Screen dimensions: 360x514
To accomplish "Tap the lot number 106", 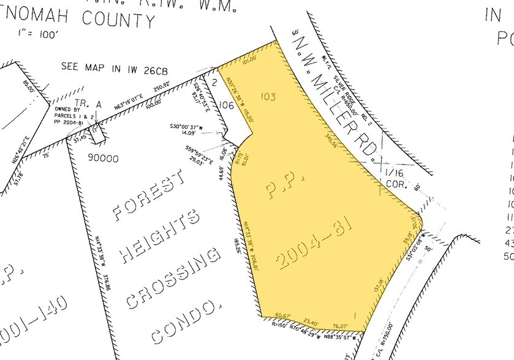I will pos(226,105).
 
